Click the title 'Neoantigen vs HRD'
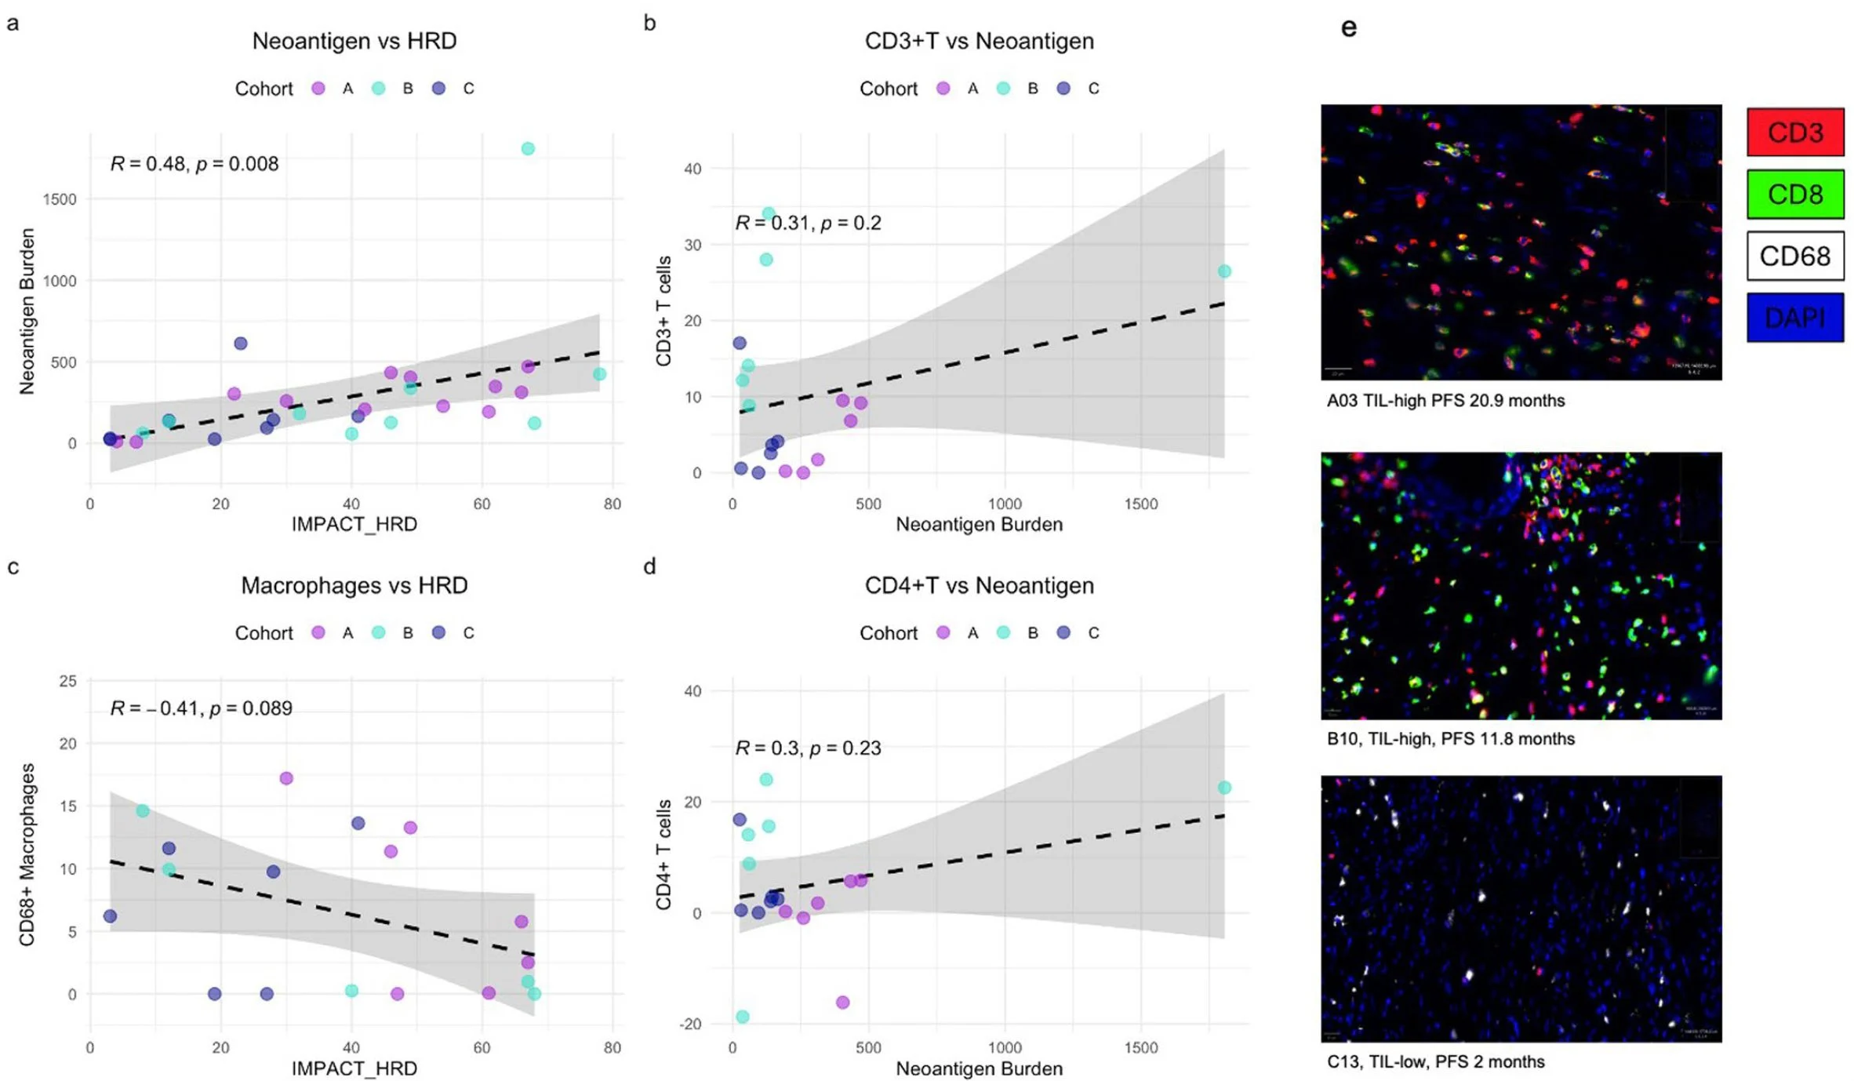pos(354,41)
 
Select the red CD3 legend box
pos(1794,132)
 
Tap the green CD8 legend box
pos(1794,194)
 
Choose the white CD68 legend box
pos(1794,256)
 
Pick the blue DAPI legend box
pos(1794,318)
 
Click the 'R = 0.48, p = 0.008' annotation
pos(194,164)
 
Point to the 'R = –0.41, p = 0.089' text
pos(201,708)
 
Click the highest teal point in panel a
pos(528,149)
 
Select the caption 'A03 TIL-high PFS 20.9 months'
pos(1445,401)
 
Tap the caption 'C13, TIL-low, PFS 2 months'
pos(1435,1062)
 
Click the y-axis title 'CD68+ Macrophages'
pos(27,854)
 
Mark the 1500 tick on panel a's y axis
pos(60,199)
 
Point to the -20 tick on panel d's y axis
pos(690,1025)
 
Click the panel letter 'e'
pos(1348,28)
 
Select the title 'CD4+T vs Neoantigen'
pos(979,586)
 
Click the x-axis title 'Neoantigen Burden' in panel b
pos(979,524)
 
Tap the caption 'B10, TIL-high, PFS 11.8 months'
pos(1450,739)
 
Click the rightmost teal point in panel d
pos(1223,788)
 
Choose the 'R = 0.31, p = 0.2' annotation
pos(808,224)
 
